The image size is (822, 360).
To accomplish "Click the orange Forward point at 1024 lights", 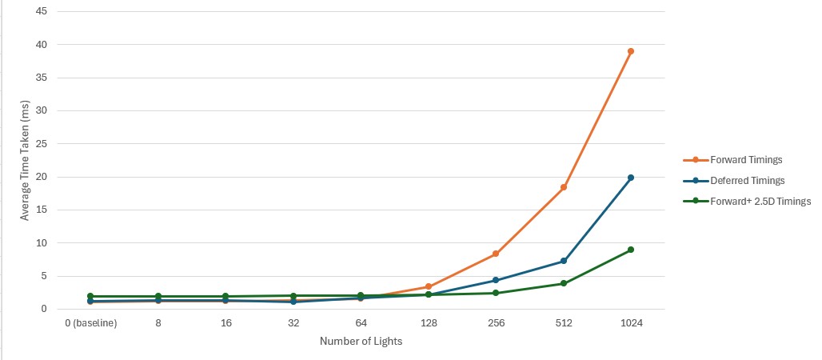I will pyautogui.click(x=631, y=51).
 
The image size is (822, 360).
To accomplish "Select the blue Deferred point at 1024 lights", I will pyautogui.click(x=631, y=178).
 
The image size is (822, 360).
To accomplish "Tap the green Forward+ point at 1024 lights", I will pyautogui.click(x=631, y=250).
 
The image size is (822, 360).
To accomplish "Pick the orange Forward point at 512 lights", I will pyautogui.click(x=564, y=187).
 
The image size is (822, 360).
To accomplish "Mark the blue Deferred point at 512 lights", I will pyautogui.click(x=564, y=261).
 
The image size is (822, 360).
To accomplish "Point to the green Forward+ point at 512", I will pyautogui.click(x=564, y=283).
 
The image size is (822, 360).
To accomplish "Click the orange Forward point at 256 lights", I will pyautogui.click(x=496, y=254).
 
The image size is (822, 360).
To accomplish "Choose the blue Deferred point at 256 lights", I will pyautogui.click(x=496, y=280).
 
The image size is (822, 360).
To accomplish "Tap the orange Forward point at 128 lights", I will pyautogui.click(x=429, y=286).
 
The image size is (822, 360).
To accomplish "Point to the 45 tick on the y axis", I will pyautogui.click(x=41, y=11).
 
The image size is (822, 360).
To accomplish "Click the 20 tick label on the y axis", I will pyautogui.click(x=41, y=177).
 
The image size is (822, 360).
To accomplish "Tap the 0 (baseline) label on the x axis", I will pyautogui.click(x=90, y=323).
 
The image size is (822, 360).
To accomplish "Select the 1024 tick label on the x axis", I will pyautogui.click(x=631, y=323).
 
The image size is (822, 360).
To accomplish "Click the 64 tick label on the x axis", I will pyautogui.click(x=361, y=323).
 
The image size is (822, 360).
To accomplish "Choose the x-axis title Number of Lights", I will pyautogui.click(x=361, y=342).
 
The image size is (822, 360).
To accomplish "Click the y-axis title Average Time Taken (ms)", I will pyautogui.click(x=24, y=160).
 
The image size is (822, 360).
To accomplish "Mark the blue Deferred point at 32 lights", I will pyautogui.click(x=293, y=302).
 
